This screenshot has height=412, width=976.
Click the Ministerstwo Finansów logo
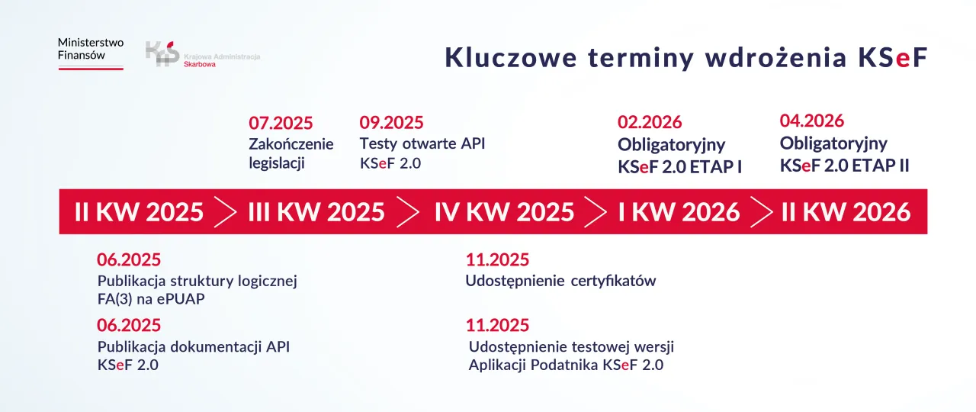[x=91, y=53]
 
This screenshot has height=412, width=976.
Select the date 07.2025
[x=281, y=123]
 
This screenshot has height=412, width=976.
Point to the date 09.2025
[x=391, y=123]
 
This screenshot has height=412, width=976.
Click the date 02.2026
[x=650, y=122]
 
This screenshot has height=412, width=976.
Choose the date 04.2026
[x=812, y=121]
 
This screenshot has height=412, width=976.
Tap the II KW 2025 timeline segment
[x=140, y=211]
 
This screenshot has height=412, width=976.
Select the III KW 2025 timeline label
[x=316, y=211]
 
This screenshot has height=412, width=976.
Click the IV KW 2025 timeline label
[x=504, y=211]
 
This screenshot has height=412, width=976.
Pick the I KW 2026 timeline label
[x=679, y=211]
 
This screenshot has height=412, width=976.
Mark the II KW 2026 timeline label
[x=846, y=211]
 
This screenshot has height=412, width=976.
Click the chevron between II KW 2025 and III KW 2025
[x=226, y=211]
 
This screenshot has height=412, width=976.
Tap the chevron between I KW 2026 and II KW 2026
[x=761, y=211]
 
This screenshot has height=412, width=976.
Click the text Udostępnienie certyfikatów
[x=560, y=281]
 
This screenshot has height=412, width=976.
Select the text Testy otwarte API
[x=422, y=143]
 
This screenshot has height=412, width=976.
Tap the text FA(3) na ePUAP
[x=151, y=299]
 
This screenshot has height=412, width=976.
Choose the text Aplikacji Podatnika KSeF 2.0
[x=566, y=365]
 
